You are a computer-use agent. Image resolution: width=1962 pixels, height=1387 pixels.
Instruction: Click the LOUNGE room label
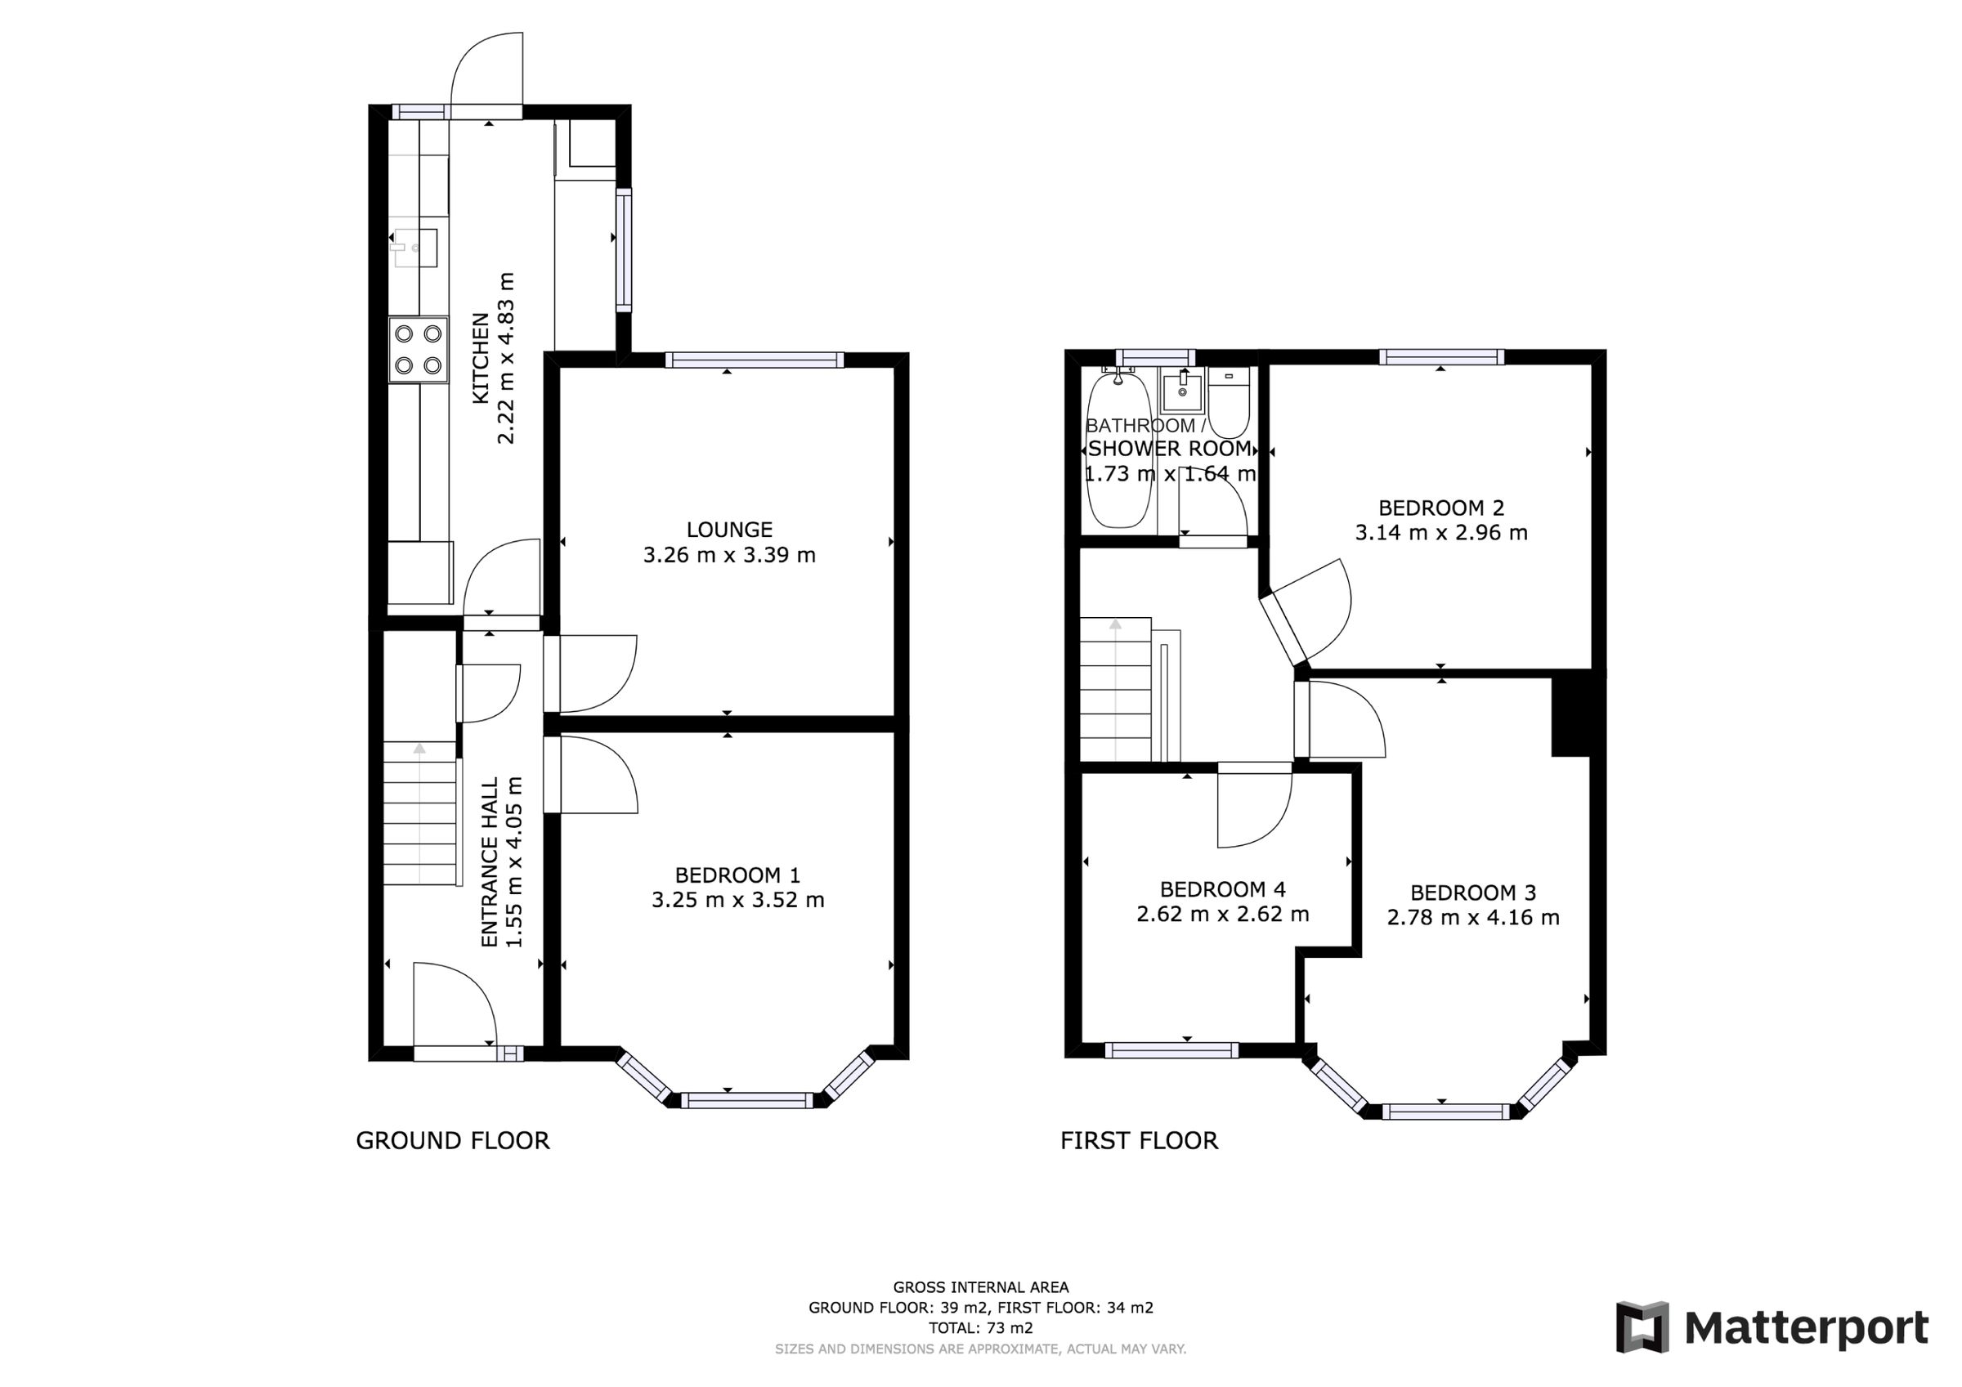[x=729, y=530]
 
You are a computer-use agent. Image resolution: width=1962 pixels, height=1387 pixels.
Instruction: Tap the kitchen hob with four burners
[x=419, y=350]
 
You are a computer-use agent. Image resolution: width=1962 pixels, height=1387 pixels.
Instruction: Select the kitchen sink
[x=416, y=248]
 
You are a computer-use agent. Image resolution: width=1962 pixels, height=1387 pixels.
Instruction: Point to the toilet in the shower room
[x=1229, y=402]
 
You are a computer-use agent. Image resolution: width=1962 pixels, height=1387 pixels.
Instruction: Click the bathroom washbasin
[x=1182, y=391]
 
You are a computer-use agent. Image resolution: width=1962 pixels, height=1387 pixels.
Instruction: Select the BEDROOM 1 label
[x=737, y=875]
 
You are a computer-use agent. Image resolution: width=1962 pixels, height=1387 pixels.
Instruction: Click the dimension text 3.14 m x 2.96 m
[x=1440, y=533]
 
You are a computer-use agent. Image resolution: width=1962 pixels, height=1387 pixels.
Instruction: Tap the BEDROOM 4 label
[x=1222, y=889]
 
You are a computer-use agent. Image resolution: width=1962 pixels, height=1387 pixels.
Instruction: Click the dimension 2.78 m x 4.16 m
[x=1472, y=918]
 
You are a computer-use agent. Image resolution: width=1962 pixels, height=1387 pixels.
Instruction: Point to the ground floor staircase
[x=419, y=812]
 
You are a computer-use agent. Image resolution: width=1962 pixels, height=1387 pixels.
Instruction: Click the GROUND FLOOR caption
[x=452, y=1141]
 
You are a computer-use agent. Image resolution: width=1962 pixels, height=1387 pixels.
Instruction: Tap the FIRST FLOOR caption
[x=1139, y=1141]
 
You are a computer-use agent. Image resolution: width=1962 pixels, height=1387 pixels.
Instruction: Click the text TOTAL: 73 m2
[x=981, y=1328]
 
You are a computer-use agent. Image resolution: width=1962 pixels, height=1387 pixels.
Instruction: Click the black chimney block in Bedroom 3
[x=1570, y=714]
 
